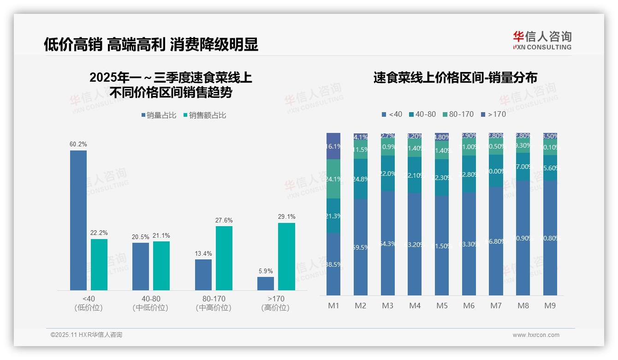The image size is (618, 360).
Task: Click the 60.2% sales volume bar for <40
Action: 78,220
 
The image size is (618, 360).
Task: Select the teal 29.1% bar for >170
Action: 286,257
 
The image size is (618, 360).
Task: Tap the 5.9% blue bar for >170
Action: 266,283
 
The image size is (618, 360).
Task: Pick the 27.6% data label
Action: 224,221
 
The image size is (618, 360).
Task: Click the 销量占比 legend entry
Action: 159,115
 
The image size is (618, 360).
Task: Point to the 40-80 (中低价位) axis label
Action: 150,303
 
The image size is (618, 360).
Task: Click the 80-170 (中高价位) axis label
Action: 214,303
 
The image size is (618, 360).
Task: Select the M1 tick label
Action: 333,306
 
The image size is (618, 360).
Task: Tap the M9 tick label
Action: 550,306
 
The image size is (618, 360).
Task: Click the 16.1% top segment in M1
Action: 333,146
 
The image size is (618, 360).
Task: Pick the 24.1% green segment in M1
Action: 333,179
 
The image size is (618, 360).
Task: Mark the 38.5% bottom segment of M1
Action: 333,264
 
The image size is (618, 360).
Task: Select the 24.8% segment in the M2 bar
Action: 361,179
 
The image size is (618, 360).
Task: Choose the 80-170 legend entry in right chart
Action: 459,114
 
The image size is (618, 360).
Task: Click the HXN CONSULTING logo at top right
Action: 542,40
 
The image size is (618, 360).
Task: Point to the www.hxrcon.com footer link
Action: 535,335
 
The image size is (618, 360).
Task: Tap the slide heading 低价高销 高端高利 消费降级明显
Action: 151,44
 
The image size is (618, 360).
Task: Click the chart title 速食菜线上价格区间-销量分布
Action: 455,78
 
